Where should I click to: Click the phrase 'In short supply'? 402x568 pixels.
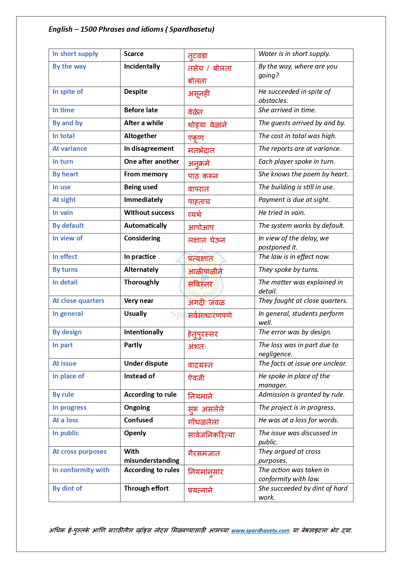75,54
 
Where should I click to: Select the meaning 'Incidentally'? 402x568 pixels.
142,67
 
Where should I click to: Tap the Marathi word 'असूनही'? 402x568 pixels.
199,94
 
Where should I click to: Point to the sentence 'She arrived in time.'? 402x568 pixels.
287,110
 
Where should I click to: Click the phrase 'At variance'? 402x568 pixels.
70,149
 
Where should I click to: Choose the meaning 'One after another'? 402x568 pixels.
151,162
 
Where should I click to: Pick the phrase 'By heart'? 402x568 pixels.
65,174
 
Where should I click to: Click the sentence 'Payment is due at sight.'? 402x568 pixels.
294,200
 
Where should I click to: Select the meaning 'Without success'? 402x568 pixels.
149,213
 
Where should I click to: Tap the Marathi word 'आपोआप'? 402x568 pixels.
201,228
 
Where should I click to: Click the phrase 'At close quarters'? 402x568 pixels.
78,301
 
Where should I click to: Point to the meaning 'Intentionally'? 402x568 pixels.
144,332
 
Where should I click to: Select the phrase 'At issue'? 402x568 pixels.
64,364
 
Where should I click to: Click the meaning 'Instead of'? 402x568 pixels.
139,376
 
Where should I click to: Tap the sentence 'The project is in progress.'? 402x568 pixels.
297,408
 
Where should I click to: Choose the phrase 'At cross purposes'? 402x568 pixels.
79,452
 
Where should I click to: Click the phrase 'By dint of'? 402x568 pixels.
67,489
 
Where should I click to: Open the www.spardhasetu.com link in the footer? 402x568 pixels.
260,531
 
